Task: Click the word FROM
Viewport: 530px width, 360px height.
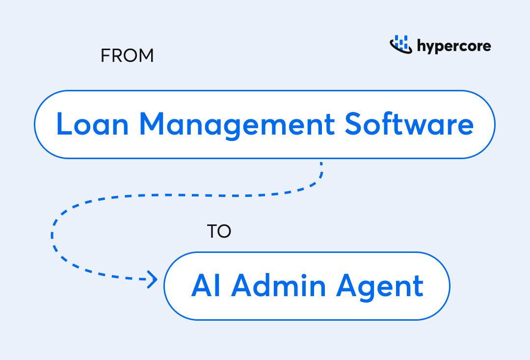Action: [x=127, y=56]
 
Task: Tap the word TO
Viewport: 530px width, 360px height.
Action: [x=219, y=231]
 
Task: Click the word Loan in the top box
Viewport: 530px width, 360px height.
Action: [x=92, y=124]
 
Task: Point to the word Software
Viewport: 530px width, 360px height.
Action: [x=409, y=124]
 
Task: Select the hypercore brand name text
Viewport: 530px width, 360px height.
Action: [x=454, y=47]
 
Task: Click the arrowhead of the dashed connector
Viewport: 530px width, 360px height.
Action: [x=153, y=280]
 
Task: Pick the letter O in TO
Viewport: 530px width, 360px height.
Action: [x=224, y=231]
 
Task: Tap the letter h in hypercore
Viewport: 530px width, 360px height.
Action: [x=421, y=46]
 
